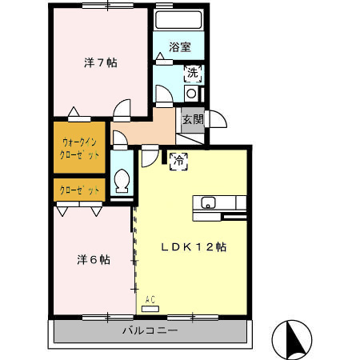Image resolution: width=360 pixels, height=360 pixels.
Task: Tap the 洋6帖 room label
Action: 93,260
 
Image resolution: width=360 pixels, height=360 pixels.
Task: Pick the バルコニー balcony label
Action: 150,330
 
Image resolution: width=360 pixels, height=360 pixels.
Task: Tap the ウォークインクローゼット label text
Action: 80,149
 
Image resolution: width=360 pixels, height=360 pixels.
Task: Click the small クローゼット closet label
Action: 80,190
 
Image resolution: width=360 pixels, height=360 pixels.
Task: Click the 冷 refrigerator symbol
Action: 178,161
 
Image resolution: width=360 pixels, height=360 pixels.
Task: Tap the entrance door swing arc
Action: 217,119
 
